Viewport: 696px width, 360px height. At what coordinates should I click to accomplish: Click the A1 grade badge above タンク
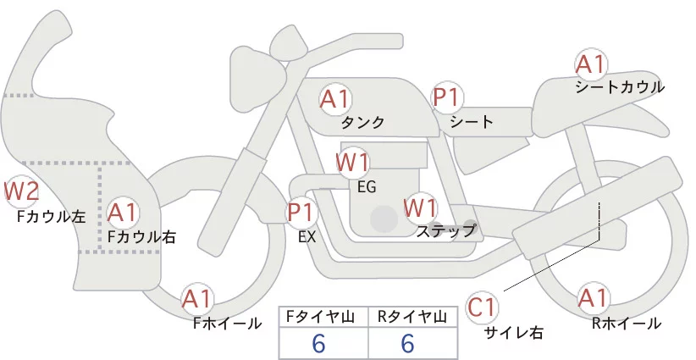(x=334, y=99)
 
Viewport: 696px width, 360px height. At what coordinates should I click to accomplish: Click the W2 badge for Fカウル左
(x=21, y=191)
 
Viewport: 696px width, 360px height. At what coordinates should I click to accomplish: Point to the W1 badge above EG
(x=352, y=161)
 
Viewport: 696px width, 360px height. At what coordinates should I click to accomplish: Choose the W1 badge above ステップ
(x=419, y=207)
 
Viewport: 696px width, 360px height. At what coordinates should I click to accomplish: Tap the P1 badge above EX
(x=301, y=212)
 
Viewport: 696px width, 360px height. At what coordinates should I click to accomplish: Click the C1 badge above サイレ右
(x=483, y=307)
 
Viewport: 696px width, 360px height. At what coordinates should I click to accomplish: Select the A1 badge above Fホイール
(x=197, y=298)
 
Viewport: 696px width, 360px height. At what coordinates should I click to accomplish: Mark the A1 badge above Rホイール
(x=593, y=298)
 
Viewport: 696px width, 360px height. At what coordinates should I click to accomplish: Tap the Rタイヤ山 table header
(x=414, y=317)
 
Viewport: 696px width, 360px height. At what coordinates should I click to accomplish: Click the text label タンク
(x=362, y=122)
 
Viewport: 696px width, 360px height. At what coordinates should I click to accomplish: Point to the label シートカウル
(x=620, y=86)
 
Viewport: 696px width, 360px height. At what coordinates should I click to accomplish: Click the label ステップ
(x=446, y=230)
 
